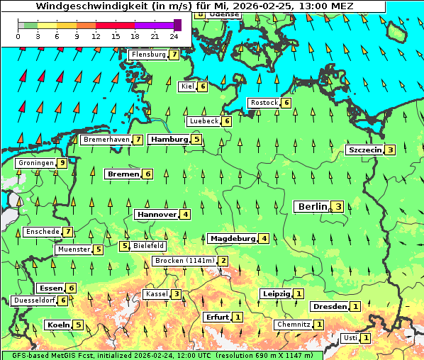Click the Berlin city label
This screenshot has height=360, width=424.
pos(312,207)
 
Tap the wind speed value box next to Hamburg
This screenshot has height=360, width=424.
pos(196,140)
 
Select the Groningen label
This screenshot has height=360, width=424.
pos(35,163)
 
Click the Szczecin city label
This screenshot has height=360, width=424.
pos(364,150)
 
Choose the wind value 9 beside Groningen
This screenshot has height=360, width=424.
pos(62,163)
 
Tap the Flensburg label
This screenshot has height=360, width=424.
pos(149,55)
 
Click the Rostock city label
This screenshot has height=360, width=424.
pos(264,103)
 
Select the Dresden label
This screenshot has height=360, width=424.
pos(330,307)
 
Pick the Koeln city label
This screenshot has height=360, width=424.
pos(58,325)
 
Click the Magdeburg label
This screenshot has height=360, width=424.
pos(232,239)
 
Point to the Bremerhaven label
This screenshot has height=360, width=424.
pos(106,140)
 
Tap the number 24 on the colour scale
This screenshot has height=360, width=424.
pos(174,36)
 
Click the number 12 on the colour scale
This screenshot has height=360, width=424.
pos(96,36)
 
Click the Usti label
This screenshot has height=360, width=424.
pos(350,338)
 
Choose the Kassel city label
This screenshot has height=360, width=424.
pos(156,294)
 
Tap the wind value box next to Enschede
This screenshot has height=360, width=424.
pos(67,232)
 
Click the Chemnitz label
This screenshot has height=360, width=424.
pos(294,325)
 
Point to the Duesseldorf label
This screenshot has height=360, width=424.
pos(34,300)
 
